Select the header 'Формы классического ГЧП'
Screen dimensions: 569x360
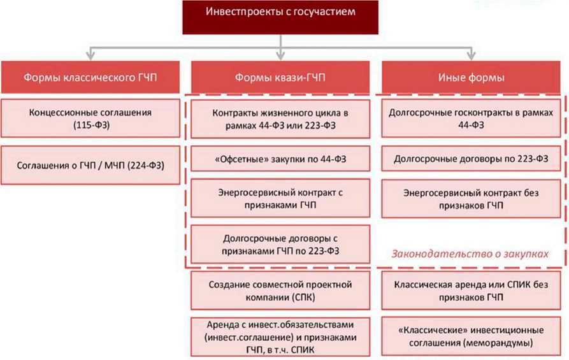(90, 77)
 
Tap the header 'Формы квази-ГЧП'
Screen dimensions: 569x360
(281, 77)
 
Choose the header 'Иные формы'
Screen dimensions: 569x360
(472, 77)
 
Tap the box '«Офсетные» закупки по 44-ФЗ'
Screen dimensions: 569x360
(281, 157)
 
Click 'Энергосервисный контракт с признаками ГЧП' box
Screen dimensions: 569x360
(281, 197)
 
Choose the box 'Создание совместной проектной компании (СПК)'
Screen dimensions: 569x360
(281, 291)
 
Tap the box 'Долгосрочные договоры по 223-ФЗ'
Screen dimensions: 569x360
(472, 157)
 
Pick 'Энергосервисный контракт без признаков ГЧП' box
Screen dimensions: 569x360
(472, 197)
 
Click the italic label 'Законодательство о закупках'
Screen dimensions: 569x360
(470, 254)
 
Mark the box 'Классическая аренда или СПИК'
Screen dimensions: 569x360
(472, 291)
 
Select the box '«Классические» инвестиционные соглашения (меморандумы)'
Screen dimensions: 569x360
(472, 338)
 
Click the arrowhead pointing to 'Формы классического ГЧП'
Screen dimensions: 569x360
(90, 56)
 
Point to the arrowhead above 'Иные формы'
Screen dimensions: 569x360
(472, 56)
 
